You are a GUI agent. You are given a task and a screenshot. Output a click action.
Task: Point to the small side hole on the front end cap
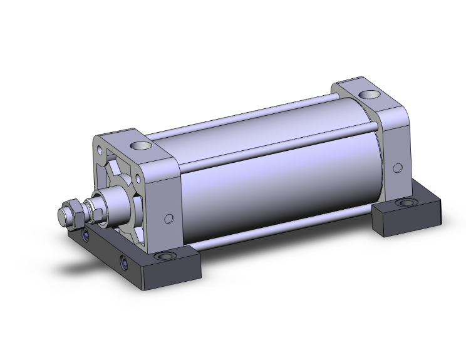pyautogui.click(x=168, y=219)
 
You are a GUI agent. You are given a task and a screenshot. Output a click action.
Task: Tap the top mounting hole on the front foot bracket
pyautogui.click(x=165, y=256)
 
